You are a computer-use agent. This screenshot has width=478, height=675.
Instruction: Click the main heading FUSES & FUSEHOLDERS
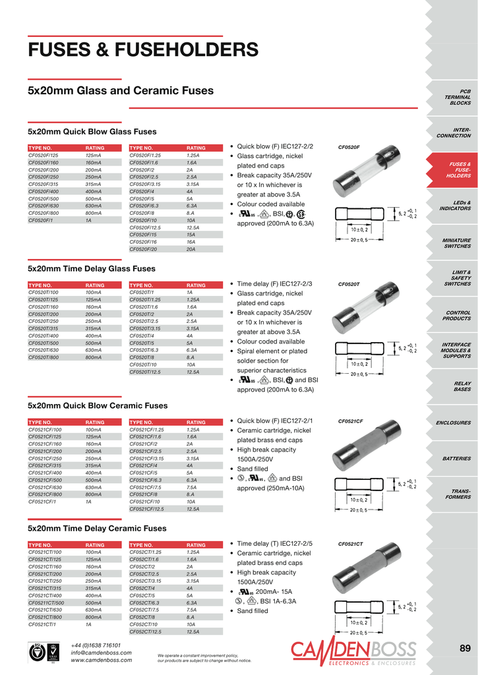point(142,49)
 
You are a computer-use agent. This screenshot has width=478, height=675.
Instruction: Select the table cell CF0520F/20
point(144,249)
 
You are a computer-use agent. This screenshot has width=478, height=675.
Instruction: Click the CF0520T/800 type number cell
point(44,357)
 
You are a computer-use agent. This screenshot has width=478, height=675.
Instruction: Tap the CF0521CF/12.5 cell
point(146,508)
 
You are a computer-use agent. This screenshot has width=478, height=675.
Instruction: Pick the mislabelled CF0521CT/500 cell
point(46,602)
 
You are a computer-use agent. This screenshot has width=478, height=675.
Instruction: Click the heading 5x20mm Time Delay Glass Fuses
point(91,269)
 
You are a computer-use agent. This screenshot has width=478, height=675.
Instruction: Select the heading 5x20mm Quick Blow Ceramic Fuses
point(97,405)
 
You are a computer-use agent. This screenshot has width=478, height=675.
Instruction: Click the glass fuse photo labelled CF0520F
point(367,178)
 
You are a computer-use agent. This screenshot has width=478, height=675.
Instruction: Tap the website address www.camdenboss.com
point(101,660)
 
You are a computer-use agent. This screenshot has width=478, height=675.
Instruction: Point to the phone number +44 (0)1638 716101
point(96,645)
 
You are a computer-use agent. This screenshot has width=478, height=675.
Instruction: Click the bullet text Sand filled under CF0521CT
point(253,611)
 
